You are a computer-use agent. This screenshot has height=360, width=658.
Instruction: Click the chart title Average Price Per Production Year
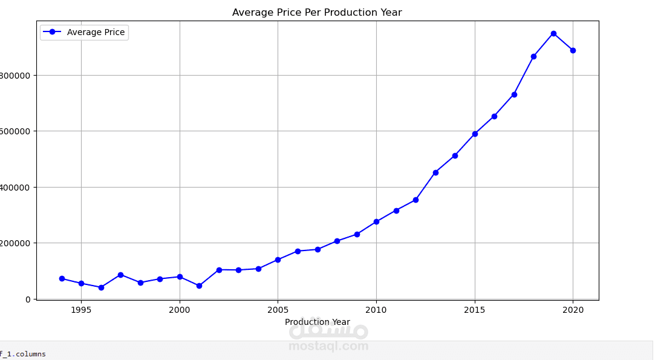317,13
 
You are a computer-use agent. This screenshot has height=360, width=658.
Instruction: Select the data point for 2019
553,33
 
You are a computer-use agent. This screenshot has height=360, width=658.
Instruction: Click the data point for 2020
573,50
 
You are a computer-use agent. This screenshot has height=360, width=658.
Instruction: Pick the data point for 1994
62,278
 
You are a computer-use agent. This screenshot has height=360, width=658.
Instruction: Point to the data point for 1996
101,287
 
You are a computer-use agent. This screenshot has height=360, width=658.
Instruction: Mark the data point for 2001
199,286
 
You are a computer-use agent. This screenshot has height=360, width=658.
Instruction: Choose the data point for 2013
435,172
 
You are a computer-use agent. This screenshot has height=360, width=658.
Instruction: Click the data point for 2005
278,260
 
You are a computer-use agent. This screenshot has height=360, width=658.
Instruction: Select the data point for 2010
376,221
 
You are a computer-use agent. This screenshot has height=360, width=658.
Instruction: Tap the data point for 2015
475,134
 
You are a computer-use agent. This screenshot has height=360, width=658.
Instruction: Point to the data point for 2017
514,94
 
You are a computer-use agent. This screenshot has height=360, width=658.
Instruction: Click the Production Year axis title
317,322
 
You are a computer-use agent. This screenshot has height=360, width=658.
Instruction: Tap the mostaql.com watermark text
328,346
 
